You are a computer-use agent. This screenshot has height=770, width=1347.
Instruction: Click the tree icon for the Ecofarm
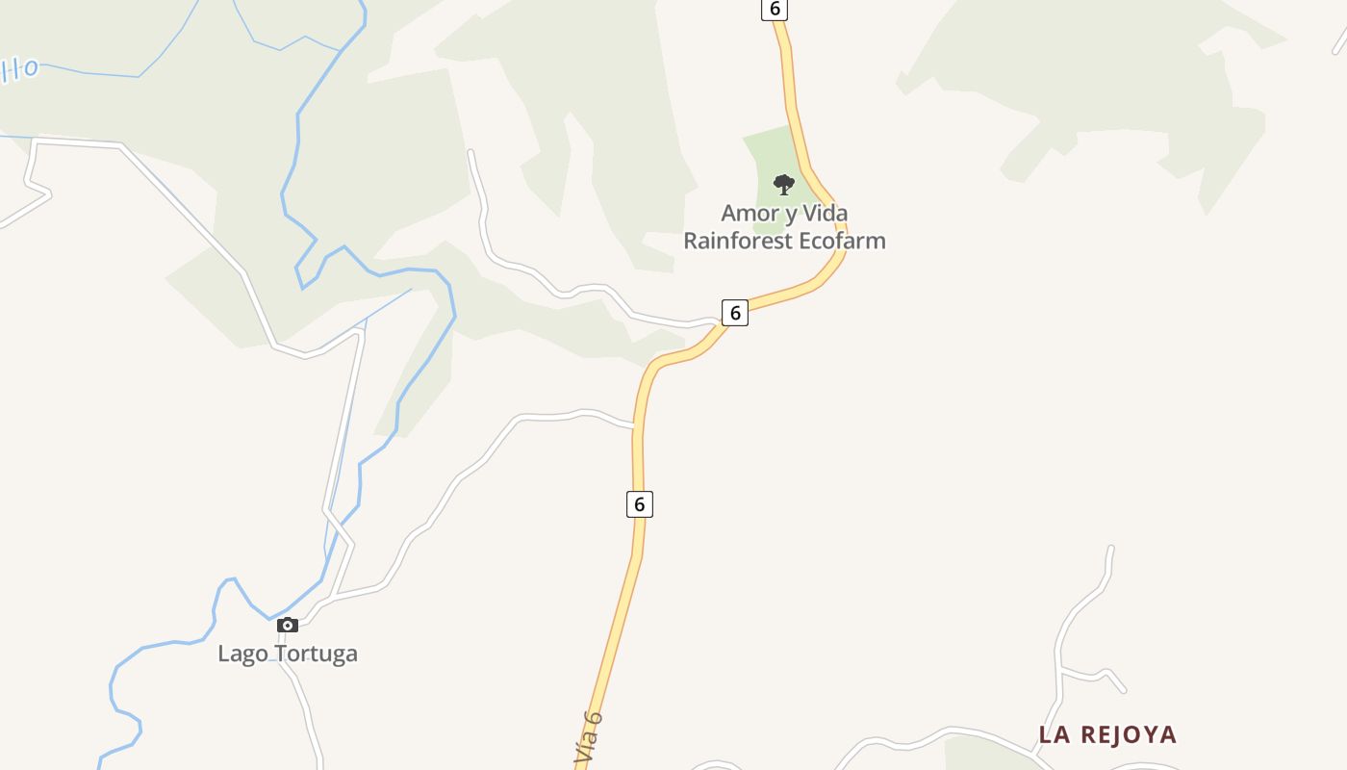pyautogui.click(x=784, y=184)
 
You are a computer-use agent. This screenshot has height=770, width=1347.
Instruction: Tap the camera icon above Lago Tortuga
pyautogui.click(x=287, y=626)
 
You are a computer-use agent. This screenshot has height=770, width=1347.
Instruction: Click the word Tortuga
pyautogui.click(x=317, y=654)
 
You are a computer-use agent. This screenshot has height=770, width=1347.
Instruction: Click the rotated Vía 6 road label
pyautogui.click(x=588, y=738)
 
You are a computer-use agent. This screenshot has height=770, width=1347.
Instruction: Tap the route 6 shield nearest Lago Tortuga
pyautogui.click(x=640, y=503)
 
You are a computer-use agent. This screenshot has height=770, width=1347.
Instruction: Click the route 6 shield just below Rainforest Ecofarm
pyautogui.click(x=735, y=312)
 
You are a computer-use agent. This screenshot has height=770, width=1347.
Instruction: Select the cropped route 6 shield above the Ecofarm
pyautogui.click(x=775, y=9)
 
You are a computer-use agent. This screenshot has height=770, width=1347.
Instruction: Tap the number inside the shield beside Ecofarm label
pyautogui.click(x=735, y=312)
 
